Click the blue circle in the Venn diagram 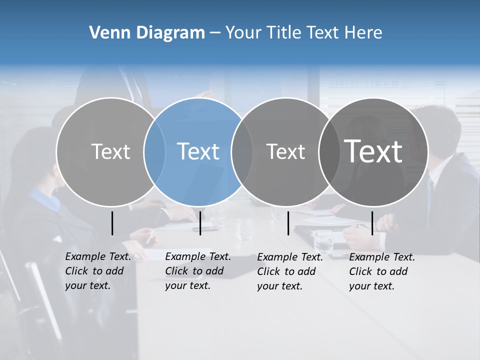click(198, 175)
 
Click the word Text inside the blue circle click(198, 151)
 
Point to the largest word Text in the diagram click(373, 151)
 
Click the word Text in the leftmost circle click(110, 151)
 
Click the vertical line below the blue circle click(200, 223)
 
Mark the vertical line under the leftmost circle click(112, 223)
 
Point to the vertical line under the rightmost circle click(372, 223)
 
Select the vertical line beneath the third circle click(288, 223)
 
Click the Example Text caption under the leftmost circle click(98, 271)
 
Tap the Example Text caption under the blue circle click(198, 271)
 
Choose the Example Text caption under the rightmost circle click(382, 271)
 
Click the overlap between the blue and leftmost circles click(154, 151)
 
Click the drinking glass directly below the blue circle click(217, 217)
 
